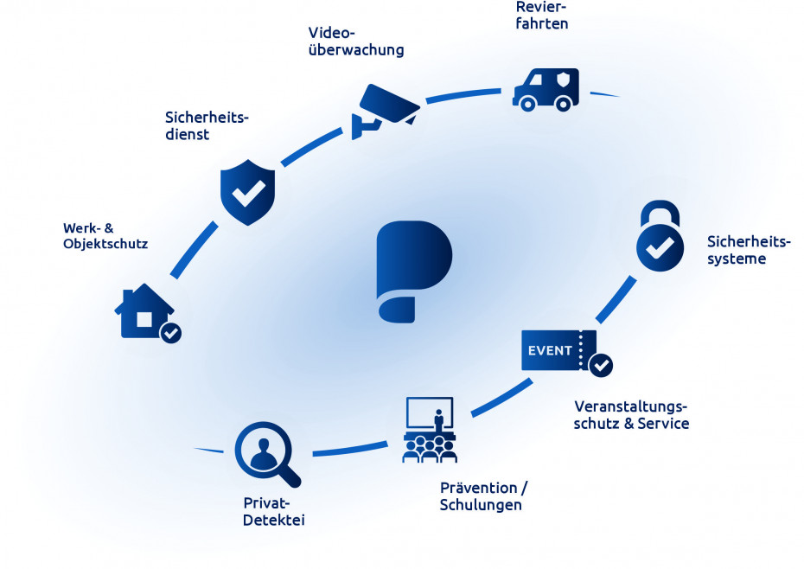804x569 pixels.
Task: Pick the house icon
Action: tap(144, 311)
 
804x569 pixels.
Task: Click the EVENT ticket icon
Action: tap(558, 350)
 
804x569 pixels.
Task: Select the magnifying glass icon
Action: tap(266, 453)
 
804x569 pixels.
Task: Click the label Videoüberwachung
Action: tap(355, 41)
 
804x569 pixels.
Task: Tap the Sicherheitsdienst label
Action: tap(207, 125)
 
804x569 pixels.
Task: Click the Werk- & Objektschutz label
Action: tap(105, 236)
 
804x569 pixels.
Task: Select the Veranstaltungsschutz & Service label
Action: tap(631, 415)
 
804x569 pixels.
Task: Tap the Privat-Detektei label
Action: tap(274, 511)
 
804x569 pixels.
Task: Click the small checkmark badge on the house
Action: tap(171, 333)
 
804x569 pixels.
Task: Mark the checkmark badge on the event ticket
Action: tap(601, 365)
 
